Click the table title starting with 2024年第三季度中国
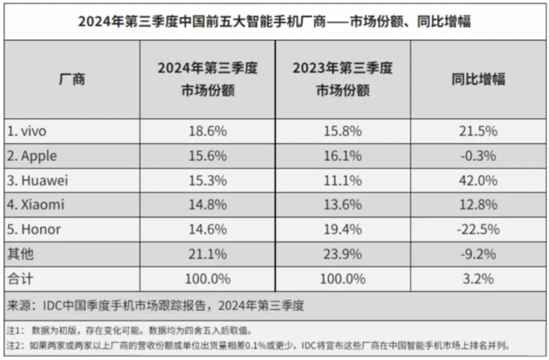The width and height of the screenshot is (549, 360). coord(274,22)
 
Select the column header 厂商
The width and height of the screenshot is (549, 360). coord(71,79)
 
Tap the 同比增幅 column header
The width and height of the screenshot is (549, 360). coord(479,79)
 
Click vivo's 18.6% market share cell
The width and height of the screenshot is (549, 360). coord(208,131)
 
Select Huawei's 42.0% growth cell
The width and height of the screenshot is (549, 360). coord(479,180)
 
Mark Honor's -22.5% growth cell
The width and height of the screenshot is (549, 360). coord(479,229)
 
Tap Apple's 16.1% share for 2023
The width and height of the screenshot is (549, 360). coord(343,155)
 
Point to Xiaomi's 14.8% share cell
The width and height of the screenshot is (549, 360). coord(208,204)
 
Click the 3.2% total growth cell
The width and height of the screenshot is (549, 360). coord(479,278)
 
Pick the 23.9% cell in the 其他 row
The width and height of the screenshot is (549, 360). coord(343,254)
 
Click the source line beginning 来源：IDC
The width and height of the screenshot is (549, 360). coord(156,304)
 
